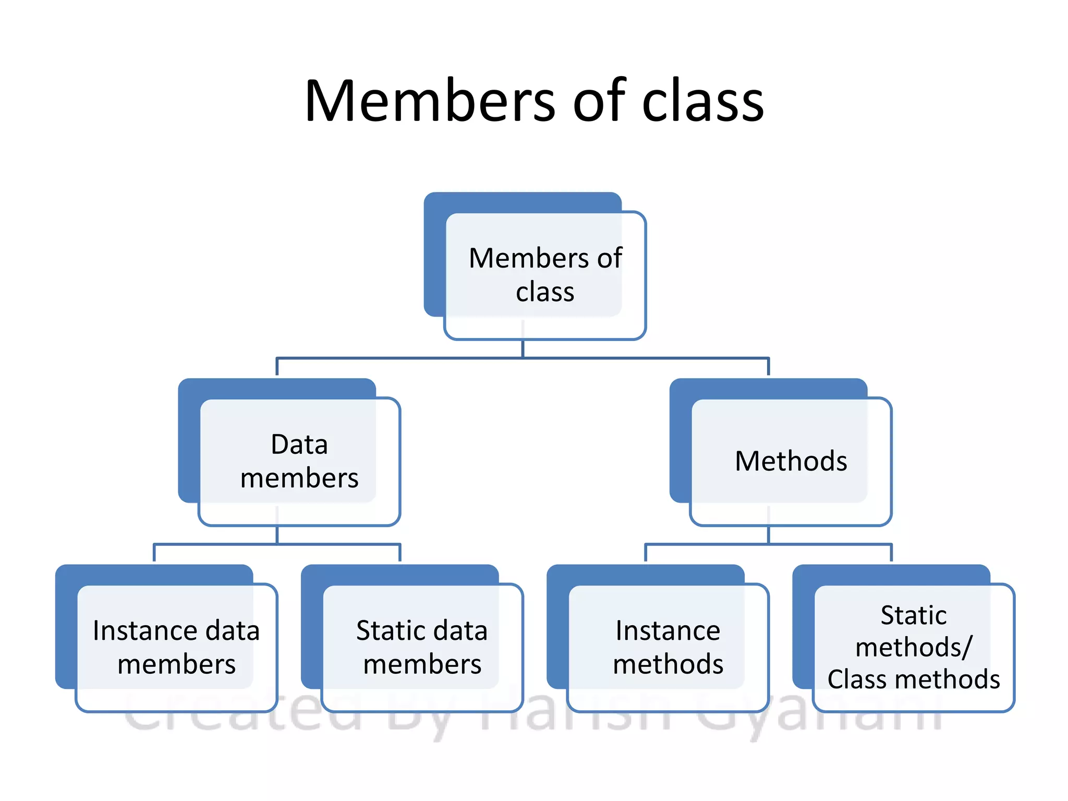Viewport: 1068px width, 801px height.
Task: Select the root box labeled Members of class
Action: (545, 275)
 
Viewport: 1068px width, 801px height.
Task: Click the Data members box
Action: (299, 461)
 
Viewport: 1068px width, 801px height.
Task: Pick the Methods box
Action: (791, 461)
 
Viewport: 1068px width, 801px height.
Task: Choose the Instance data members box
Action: (176, 647)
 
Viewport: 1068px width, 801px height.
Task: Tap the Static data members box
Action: (422, 647)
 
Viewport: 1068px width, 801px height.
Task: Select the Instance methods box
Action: (668, 647)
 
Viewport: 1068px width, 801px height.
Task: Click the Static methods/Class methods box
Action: (914, 647)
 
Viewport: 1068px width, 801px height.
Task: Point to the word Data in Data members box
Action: (299, 445)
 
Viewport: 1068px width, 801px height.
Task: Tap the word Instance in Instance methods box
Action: (668, 630)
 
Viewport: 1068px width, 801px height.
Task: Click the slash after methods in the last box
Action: (967, 648)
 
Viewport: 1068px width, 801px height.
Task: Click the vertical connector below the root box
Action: (523, 349)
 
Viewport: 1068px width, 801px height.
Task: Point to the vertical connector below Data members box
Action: (277, 535)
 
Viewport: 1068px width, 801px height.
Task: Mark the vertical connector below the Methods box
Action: (768, 535)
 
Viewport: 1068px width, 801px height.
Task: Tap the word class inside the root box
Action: (545, 292)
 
